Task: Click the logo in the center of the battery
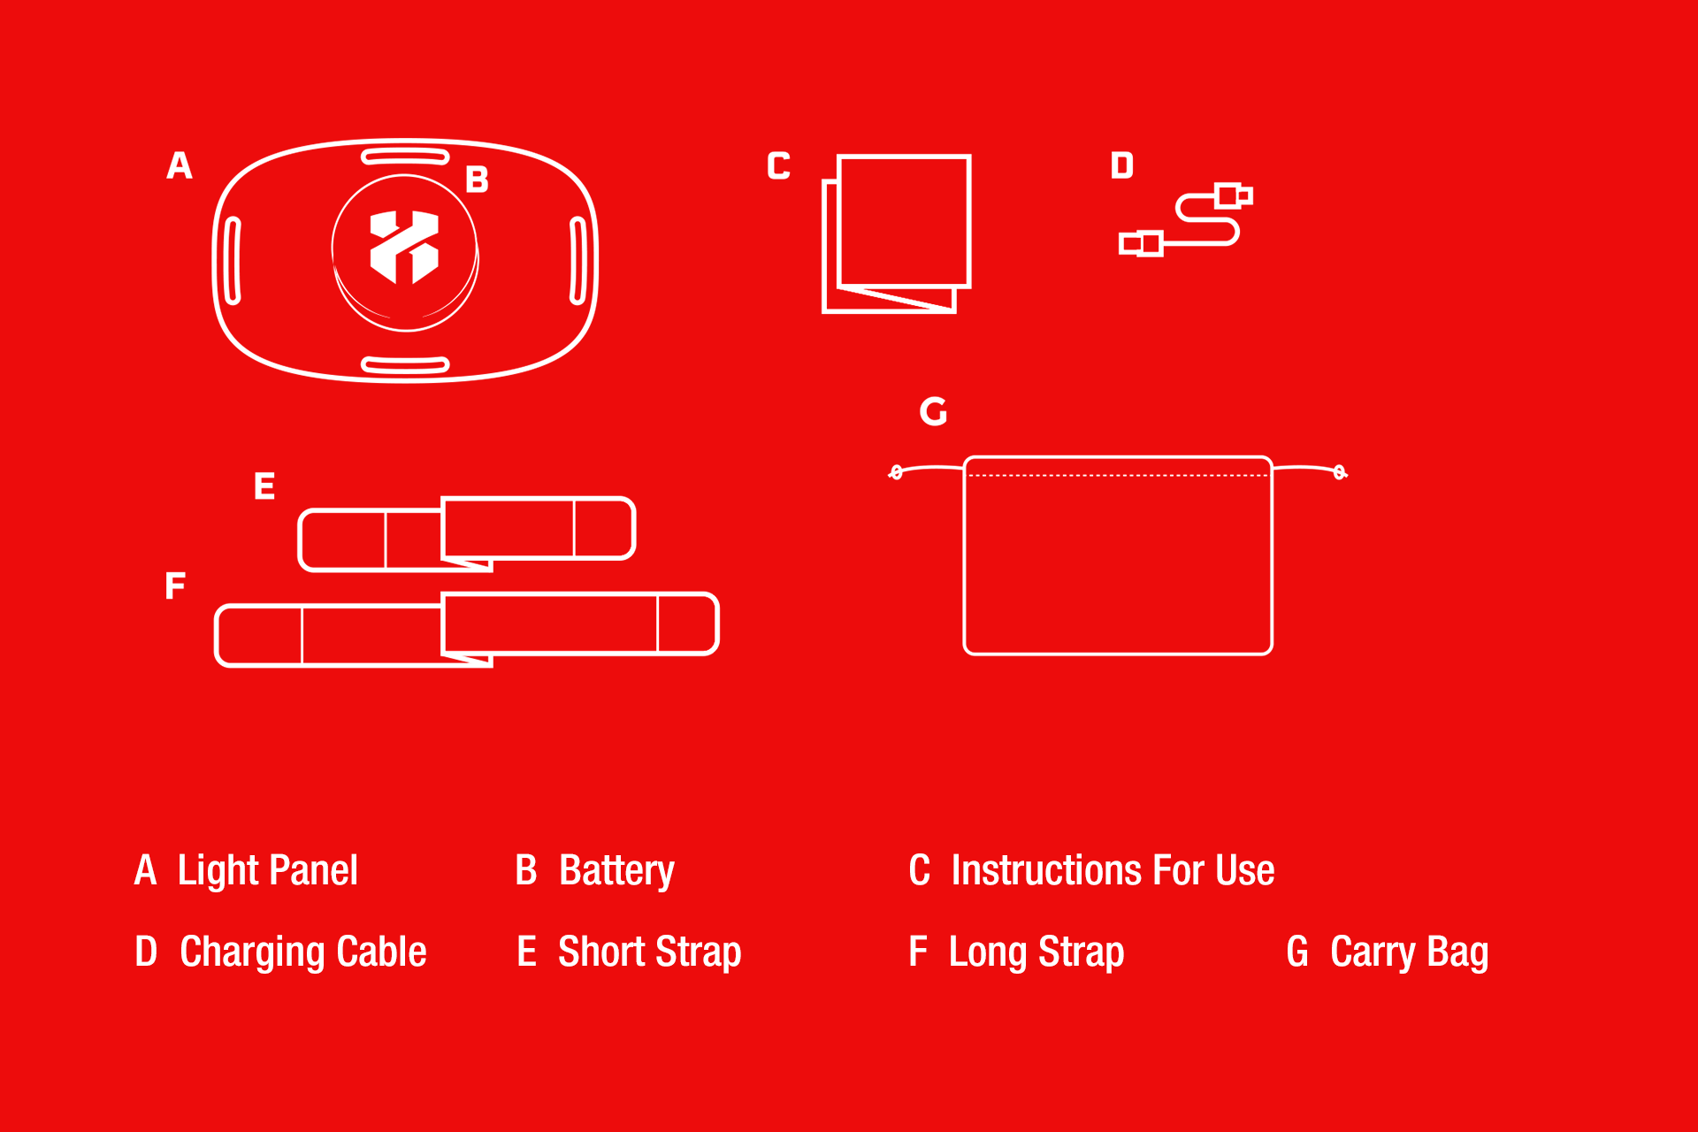tap(404, 248)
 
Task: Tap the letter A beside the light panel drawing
tap(180, 165)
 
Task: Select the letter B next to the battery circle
tap(478, 180)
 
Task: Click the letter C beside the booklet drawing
tap(779, 165)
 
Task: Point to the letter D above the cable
tap(1122, 165)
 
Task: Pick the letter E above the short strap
tap(264, 486)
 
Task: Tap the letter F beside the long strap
tap(175, 585)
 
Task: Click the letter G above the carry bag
tap(934, 411)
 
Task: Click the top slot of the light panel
tap(405, 157)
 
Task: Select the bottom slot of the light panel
tap(406, 364)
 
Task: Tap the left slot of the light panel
tap(233, 261)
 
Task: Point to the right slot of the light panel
tap(577, 261)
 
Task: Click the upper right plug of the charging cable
tap(1235, 195)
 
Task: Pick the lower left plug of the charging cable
tap(1141, 243)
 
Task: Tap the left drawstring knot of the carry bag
tap(896, 472)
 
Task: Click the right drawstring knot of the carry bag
tap(1341, 472)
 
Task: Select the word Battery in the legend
tap(617, 871)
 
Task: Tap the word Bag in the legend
tap(1458, 953)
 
